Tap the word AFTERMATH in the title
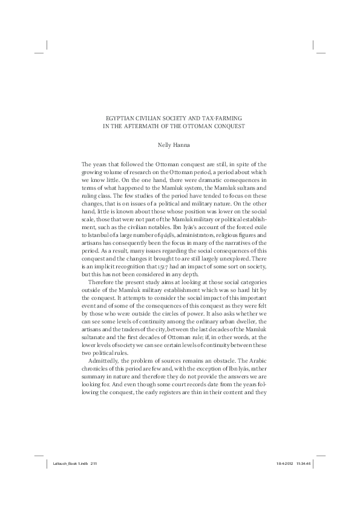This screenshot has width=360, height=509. pos(152,126)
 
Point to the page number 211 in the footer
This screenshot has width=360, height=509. pos(94,463)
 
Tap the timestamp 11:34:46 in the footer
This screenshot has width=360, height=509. pos(305,463)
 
